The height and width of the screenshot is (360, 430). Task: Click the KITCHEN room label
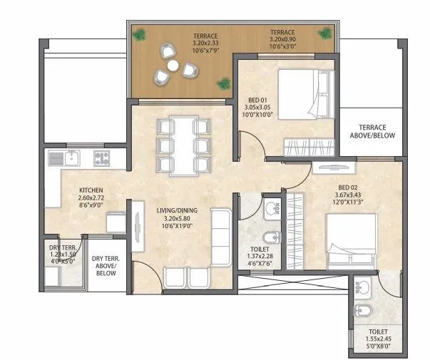(x=92, y=190)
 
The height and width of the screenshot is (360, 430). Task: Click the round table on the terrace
(x=173, y=66)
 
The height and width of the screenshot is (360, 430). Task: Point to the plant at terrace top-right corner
(x=325, y=34)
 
